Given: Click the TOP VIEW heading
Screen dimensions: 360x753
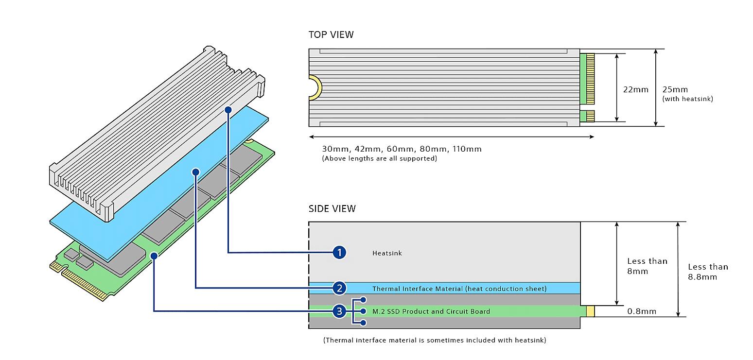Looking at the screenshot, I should (331, 34).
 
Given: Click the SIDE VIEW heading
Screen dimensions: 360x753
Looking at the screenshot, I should (332, 208).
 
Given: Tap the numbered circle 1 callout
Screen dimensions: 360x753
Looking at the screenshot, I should (339, 253).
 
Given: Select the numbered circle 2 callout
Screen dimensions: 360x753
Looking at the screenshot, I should (339, 288).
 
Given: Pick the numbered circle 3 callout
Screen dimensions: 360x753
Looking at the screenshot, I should (339, 311).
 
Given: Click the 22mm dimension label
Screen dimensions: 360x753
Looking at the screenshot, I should (636, 89).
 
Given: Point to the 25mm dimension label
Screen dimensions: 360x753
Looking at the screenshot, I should (675, 89).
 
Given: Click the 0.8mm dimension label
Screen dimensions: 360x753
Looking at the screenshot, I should (642, 311).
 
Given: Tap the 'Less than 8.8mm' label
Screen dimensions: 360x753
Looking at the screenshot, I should (708, 272).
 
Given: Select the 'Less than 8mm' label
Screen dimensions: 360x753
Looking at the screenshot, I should (647, 266).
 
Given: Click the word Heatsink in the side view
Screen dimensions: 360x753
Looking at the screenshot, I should (387, 253).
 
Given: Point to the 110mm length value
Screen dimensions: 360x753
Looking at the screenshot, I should (467, 149).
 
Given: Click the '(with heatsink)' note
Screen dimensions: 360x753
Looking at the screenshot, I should (687, 99).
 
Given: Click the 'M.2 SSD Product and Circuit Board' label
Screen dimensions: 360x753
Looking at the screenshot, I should (431, 311).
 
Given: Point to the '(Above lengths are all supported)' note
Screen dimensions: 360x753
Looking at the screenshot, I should (379, 158).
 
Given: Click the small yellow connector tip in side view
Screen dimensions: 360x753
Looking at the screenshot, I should (590, 311).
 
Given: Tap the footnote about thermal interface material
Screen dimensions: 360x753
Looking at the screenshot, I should (435, 340).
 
